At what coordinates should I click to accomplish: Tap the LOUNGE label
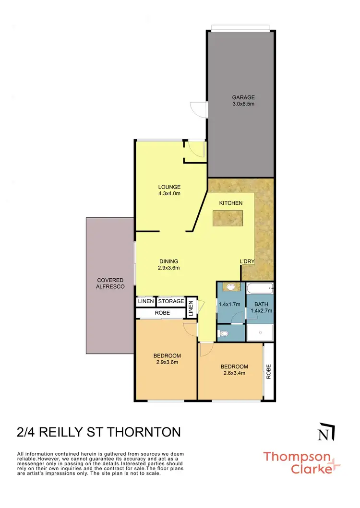coord(169,187)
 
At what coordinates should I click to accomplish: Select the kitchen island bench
coord(228,218)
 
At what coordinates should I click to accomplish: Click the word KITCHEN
coord(231,203)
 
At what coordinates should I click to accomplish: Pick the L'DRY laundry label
coord(247,261)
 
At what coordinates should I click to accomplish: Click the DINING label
coord(169,261)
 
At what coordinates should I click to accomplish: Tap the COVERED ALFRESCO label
coord(110,283)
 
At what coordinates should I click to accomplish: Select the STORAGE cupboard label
coord(171,301)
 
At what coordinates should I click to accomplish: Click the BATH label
coord(261,304)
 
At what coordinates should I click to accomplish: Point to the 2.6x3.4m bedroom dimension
coord(234,374)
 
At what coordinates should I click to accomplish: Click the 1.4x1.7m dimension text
coord(229,304)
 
